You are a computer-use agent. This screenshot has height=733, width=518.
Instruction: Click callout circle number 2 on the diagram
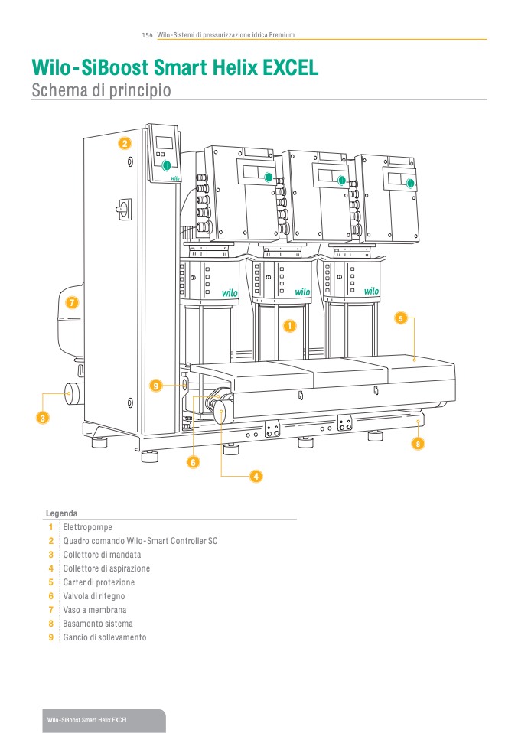coord(125,143)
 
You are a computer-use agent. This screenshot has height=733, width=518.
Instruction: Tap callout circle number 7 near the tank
coord(72,302)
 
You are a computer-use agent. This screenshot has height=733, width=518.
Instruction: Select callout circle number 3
coord(43,418)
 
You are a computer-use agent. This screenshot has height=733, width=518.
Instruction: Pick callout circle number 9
coord(155,386)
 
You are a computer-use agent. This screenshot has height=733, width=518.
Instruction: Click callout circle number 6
coord(193,462)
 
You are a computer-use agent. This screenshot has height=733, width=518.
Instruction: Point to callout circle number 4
coord(256,476)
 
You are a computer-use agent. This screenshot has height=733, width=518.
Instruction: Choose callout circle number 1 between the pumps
coord(289,326)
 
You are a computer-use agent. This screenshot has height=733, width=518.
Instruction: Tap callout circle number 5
coord(401,317)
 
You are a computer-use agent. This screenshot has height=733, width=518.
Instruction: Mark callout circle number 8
coord(418,443)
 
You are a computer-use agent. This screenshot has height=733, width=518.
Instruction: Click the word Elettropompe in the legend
coord(84,527)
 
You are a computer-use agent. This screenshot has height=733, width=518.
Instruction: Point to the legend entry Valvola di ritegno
coord(93,596)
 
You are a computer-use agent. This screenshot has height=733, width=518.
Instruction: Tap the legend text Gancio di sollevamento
coord(104,637)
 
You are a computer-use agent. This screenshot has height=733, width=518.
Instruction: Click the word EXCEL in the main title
coord(290,68)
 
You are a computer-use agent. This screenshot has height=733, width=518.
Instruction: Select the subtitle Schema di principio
coord(100,90)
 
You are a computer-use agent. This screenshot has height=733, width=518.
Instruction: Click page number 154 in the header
coord(148,35)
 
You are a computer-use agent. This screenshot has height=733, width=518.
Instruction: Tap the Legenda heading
coord(61,513)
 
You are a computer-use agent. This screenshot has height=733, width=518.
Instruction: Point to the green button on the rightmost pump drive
coord(411,183)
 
